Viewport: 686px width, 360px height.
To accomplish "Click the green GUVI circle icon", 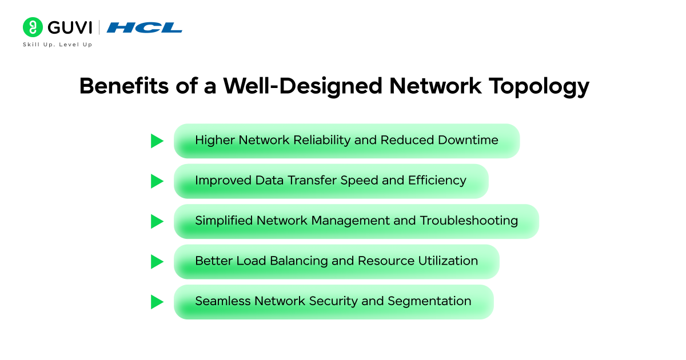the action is coord(33,27).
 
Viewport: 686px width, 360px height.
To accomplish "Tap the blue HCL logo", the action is coord(144,27).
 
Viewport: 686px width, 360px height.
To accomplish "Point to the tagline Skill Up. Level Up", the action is coord(58,45).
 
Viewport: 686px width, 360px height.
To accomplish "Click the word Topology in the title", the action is coord(539,87).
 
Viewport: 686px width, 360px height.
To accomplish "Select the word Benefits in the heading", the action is coord(124,86).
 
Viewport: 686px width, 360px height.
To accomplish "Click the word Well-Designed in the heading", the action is coord(302,87).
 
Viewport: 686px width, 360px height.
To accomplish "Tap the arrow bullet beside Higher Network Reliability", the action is coord(157,141).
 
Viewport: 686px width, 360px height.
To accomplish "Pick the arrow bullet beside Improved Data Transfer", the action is coord(157,181).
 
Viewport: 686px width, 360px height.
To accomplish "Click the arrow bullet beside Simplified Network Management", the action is coord(157,221).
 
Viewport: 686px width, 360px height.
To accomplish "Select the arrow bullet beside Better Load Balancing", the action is coord(157,262).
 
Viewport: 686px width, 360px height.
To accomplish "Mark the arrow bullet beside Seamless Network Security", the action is coord(157,302).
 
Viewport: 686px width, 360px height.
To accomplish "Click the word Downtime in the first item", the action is coord(468,140).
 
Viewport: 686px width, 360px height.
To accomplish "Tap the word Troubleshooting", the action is coord(469,221).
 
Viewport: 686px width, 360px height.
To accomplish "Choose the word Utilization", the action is coord(448,261).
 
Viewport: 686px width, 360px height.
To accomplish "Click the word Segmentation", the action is coord(429,302).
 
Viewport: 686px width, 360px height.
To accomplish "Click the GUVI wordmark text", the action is coord(70,27).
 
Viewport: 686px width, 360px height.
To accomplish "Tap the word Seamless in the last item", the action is coord(222,301).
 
